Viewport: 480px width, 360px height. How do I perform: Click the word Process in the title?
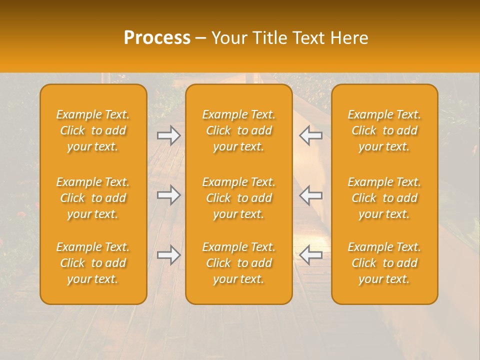coord(157,38)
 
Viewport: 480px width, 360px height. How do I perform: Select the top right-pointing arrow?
coord(169,135)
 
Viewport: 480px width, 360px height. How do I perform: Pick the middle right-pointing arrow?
coord(169,195)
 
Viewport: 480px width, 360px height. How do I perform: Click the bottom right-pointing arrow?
coord(169,255)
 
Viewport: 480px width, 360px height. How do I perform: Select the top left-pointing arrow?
coord(311,135)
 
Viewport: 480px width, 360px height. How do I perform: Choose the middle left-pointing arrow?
coord(311,195)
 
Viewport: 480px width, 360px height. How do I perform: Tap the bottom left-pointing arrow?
coord(311,255)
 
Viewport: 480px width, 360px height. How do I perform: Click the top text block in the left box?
coord(93,130)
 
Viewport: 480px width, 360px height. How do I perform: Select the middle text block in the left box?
coord(93,198)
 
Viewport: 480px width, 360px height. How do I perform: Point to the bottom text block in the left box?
coord(93,263)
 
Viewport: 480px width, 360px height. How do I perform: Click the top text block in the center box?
coord(239,130)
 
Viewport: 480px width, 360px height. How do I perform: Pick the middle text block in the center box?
coord(239,198)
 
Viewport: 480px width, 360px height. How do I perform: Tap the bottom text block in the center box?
coord(239,263)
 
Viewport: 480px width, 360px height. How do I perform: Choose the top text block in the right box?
coord(384,130)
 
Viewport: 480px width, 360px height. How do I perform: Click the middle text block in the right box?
coord(384,198)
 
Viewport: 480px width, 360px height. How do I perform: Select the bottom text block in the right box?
coord(384,263)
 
